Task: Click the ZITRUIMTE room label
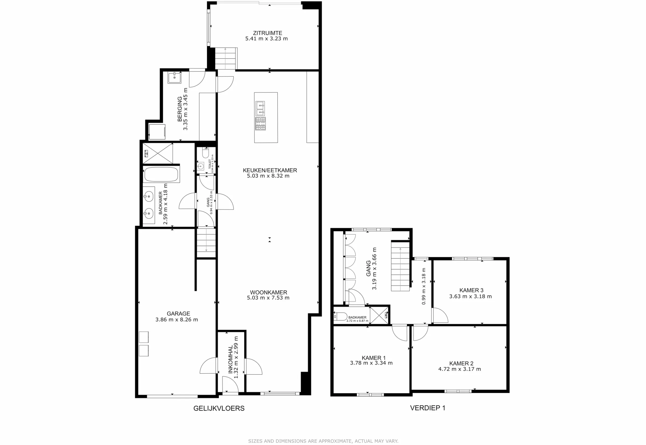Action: (268, 33)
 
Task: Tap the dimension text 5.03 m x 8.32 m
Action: (268, 176)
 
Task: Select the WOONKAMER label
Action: (268, 293)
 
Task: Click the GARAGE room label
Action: (178, 313)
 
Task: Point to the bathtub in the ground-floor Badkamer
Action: (161, 174)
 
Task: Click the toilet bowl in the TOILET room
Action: (206, 154)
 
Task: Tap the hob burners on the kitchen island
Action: (261, 124)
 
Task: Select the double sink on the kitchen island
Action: (260, 109)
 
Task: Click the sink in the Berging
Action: (174, 78)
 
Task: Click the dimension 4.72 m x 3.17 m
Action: (459, 369)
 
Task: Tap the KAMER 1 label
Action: (374, 358)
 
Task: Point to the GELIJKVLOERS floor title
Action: (219, 408)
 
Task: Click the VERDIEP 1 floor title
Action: (427, 408)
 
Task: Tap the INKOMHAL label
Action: (230, 359)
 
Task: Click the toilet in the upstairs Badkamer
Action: (340, 317)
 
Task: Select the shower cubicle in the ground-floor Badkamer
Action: (158, 153)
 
